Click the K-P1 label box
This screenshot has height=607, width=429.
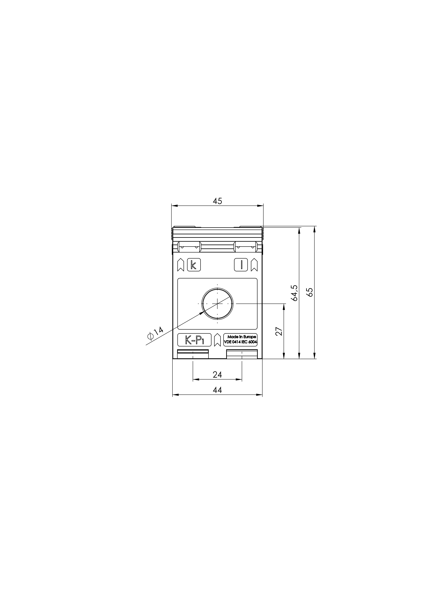(194, 340)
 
